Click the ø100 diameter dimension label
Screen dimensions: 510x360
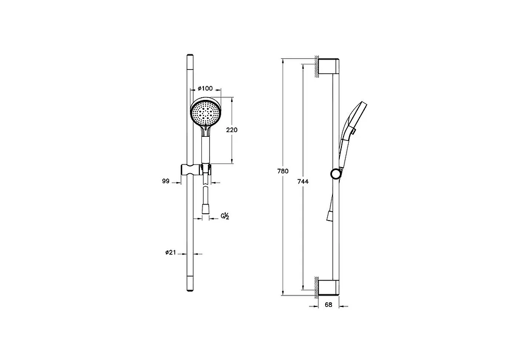pyautogui.click(x=205, y=88)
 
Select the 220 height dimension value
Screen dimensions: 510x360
pyautogui.click(x=232, y=130)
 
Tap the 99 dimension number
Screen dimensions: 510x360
pyautogui.click(x=166, y=181)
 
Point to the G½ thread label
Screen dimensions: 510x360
pyautogui.click(x=225, y=216)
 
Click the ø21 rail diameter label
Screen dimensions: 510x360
pyautogui.click(x=171, y=252)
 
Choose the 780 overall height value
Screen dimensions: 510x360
pyautogui.click(x=283, y=171)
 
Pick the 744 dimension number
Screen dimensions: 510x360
pyautogui.click(x=303, y=182)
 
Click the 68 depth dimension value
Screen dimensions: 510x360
pyautogui.click(x=328, y=305)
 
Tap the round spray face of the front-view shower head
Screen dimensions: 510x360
pyautogui.click(x=206, y=112)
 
